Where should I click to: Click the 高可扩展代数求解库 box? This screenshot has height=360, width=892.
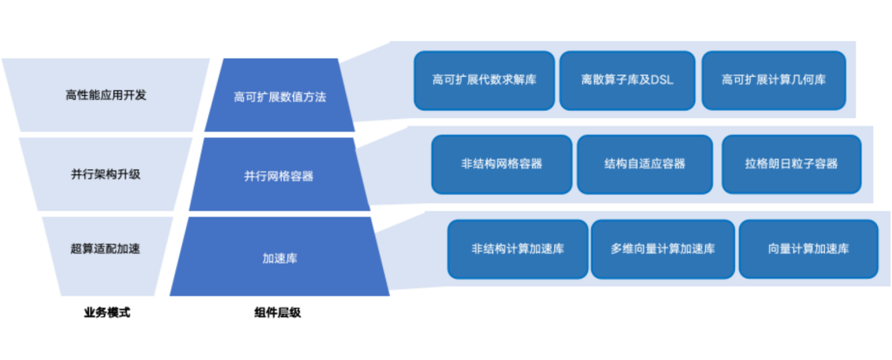(x=484, y=81)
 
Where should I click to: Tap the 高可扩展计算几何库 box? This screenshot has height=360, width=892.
(x=774, y=81)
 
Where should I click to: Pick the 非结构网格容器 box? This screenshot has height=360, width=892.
(x=502, y=164)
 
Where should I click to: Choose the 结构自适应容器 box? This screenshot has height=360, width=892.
(x=644, y=164)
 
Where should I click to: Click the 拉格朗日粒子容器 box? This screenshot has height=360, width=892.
(x=791, y=164)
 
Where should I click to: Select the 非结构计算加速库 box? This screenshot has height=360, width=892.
(x=518, y=249)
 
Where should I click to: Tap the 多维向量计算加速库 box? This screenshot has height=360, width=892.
(x=662, y=249)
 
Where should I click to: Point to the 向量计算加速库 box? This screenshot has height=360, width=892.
(x=808, y=249)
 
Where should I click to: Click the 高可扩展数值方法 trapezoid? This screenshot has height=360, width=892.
(x=280, y=97)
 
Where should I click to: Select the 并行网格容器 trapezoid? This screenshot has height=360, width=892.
(x=278, y=176)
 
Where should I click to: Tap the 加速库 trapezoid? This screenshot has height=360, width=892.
(x=280, y=258)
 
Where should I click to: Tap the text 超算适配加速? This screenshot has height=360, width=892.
(x=106, y=248)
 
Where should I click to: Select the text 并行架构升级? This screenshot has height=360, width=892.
(x=106, y=175)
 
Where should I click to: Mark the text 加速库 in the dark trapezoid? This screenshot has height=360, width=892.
(x=280, y=258)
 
